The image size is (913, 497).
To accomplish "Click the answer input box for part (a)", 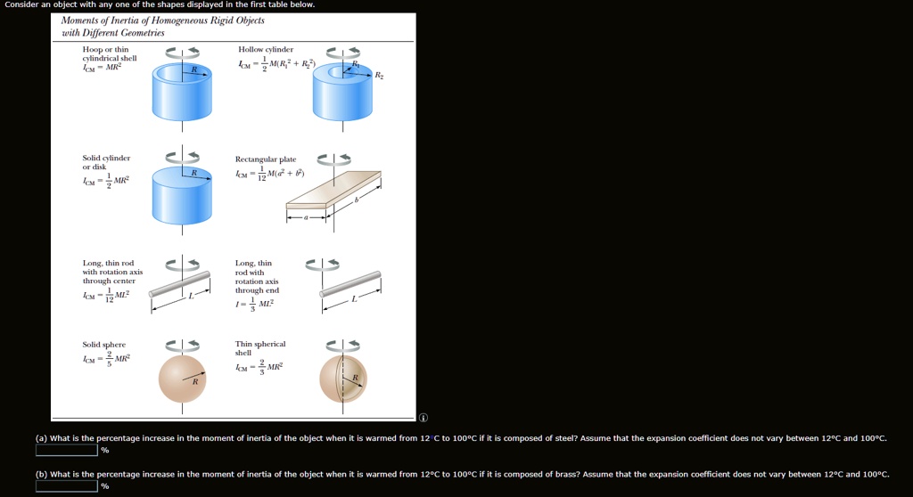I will click(67, 450).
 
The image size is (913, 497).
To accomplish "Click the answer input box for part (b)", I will click(67, 485).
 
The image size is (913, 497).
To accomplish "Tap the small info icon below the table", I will click(424, 417).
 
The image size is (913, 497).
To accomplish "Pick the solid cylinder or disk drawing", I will click(182, 191).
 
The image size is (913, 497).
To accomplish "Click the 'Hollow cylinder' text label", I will click(266, 49).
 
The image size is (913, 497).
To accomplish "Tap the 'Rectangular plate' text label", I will click(266, 159).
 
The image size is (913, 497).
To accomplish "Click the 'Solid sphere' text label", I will click(104, 345).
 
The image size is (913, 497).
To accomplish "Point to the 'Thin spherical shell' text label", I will click(259, 348).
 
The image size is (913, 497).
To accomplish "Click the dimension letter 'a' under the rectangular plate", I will click(305, 216).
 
